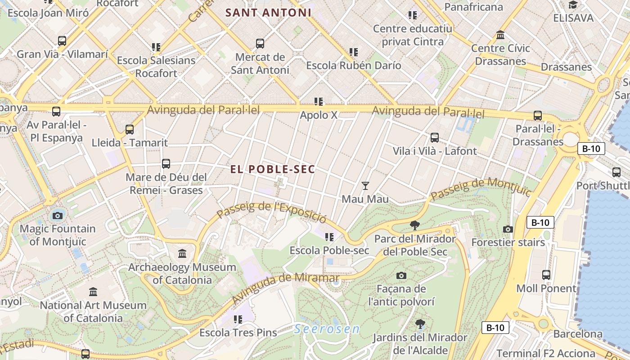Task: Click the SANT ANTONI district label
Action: tap(269, 13)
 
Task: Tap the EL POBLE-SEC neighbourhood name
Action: tap(273, 169)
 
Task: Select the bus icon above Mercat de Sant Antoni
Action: tap(260, 44)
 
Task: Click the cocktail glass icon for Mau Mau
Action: tap(365, 185)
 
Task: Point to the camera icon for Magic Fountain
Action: tap(57, 216)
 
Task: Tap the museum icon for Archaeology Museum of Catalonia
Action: tap(182, 254)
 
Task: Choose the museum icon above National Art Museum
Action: tap(93, 292)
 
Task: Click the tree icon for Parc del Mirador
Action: tap(415, 225)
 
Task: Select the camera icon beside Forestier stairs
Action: tap(508, 229)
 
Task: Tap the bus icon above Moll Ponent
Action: tap(546, 274)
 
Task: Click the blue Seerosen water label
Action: tap(327, 329)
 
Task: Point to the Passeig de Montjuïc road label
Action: tap(481, 189)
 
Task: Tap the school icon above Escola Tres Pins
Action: tap(238, 319)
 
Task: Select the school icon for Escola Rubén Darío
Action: tap(354, 52)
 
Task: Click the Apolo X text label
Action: tap(319, 115)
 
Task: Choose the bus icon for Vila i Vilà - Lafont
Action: tap(435, 138)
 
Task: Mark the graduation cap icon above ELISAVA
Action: tap(573, 5)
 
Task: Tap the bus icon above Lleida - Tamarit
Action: tap(130, 130)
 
